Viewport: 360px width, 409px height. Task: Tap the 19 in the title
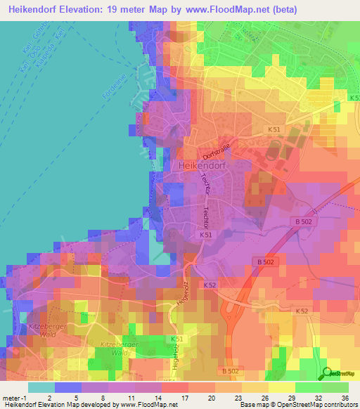pos(115,10)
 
